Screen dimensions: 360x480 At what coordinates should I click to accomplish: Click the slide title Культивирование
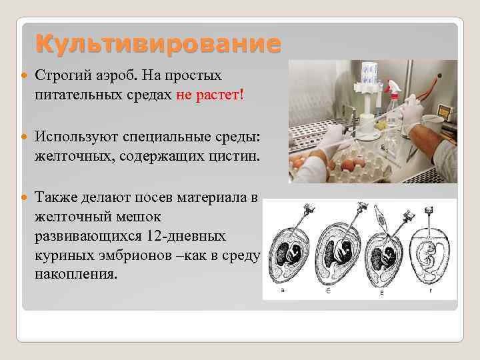pyautogui.click(x=158, y=44)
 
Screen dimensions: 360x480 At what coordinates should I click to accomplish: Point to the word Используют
pyautogui.click(x=77, y=136)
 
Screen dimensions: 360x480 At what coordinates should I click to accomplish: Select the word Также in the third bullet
pyautogui.click(x=57, y=198)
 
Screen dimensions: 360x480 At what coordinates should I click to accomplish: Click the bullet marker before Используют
pyautogui.click(x=26, y=137)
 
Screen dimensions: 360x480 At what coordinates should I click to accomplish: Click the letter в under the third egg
pyautogui.click(x=382, y=294)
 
